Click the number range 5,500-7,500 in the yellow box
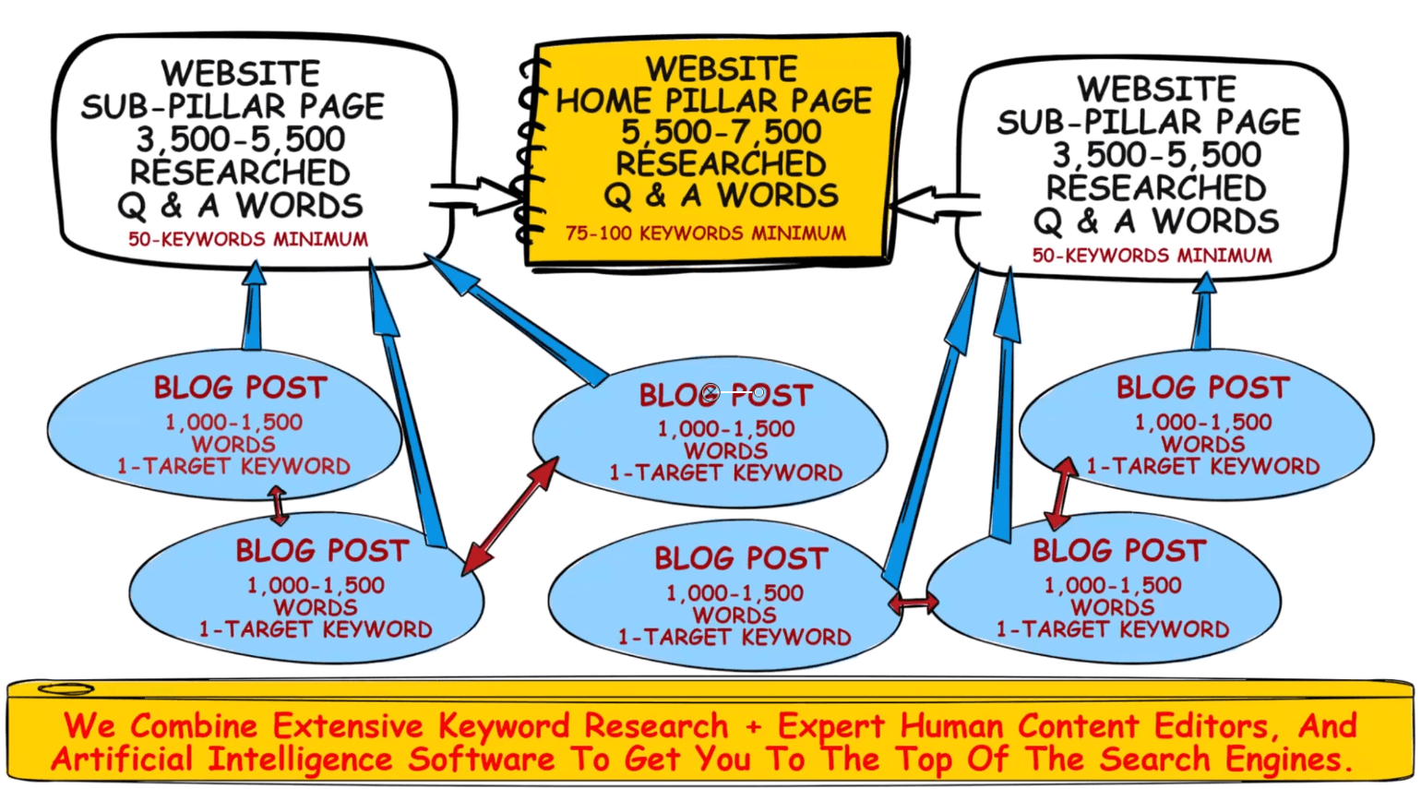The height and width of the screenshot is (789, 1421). coord(721,132)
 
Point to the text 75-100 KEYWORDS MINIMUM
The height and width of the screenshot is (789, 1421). coord(705,233)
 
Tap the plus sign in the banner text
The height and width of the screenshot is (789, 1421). coord(753,727)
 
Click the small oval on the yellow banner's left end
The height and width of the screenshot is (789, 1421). coord(66,689)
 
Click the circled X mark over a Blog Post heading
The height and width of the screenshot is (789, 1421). coord(710,393)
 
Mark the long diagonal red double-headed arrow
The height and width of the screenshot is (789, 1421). coord(510,514)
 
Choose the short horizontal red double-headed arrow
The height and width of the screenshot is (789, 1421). coord(913,604)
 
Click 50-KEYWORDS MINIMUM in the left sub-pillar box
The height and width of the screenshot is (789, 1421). coord(247,240)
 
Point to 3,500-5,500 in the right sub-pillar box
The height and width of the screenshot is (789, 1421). coord(1156,154)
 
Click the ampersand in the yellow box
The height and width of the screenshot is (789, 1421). coord(655,196)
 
